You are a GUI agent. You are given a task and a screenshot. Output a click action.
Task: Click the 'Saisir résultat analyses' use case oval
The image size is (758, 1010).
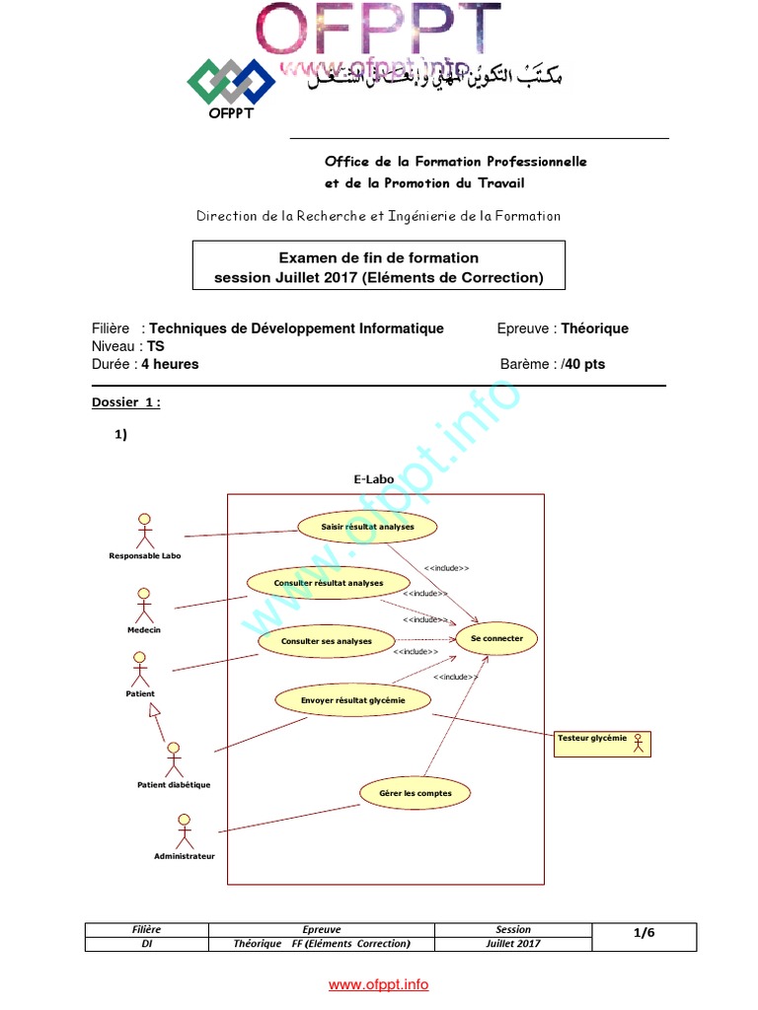(x=367, y=527)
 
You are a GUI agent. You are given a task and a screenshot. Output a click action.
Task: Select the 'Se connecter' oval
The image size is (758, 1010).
(x=496, y=639)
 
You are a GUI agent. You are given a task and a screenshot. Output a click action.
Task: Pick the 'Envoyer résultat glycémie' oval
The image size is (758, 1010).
(x=352, y=700)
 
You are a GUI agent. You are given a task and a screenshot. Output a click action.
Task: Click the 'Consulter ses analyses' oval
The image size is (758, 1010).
(x=326, y=641)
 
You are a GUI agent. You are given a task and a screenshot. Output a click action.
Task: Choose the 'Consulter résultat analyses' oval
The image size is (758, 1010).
(x=314, y=583)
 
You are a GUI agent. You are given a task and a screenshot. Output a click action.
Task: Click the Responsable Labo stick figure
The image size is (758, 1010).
(x=145, y=531)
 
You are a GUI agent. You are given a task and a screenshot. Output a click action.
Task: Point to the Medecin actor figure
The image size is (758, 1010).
(x=144, y=604)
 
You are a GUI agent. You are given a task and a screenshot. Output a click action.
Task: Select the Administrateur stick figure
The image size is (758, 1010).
(x=184, y=831)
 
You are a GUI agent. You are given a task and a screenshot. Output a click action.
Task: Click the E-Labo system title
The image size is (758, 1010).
(x=373, y=479)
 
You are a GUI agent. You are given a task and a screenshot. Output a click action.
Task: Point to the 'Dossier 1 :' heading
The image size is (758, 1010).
(x=126, y=402)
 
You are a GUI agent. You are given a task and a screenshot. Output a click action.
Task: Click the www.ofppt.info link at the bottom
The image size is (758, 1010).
(x=379, y=984)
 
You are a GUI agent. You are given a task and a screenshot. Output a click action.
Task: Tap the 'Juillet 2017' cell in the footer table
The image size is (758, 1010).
(x=513, y=944)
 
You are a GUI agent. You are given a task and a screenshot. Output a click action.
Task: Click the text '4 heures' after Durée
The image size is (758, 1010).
(x=171, y=364)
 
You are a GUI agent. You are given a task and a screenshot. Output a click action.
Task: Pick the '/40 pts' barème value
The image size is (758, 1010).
(x=581, y=364)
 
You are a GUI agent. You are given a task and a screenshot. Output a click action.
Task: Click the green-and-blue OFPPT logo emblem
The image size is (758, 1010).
(x=232, y=82)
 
